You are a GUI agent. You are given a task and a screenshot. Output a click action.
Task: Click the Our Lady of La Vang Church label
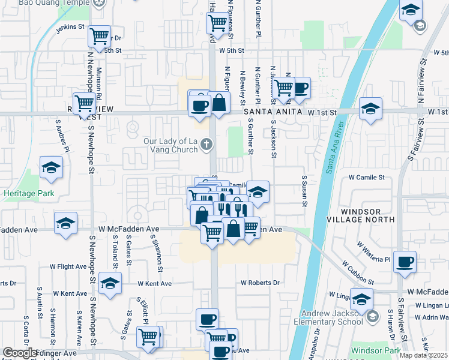click(170, 145)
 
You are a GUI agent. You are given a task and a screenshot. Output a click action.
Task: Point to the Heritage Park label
click(28, 194)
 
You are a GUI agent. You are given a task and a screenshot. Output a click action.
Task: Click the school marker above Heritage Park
click(52, 168)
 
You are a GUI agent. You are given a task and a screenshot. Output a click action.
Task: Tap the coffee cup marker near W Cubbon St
click(405, 262)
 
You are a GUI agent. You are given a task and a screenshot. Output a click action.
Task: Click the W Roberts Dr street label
click(260, 283)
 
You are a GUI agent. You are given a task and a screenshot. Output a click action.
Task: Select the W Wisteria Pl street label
click(373, 252)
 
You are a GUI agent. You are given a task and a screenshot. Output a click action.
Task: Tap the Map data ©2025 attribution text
click(423, 355)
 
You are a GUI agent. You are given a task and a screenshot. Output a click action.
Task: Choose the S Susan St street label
click(305, 191)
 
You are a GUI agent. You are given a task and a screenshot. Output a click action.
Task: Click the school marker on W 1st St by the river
click(371, 109)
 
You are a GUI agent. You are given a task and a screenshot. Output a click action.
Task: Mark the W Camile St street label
click(366, 178)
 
